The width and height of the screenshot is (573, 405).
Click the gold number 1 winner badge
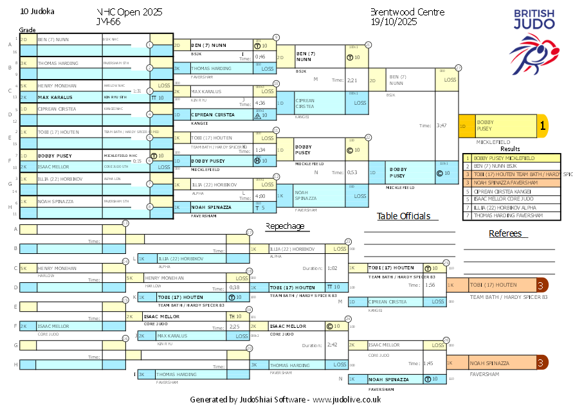coord(542,127)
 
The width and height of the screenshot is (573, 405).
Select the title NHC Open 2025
coord(129,12)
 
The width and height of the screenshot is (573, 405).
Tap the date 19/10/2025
coord(394,22)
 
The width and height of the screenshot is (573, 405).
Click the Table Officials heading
coord(403,216)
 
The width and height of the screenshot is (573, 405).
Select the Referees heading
coord(505,233)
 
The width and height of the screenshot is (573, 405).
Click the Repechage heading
coord(285,226)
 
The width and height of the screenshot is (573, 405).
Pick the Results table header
coord(510,148)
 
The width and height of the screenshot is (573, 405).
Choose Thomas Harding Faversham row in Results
coord(509,215)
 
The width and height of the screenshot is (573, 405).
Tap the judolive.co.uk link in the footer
coord(347,399)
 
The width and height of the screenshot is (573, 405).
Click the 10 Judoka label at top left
coord(37,12)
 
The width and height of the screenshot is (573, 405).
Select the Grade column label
coord(27,30)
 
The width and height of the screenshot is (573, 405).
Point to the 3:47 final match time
coord(441,125)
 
